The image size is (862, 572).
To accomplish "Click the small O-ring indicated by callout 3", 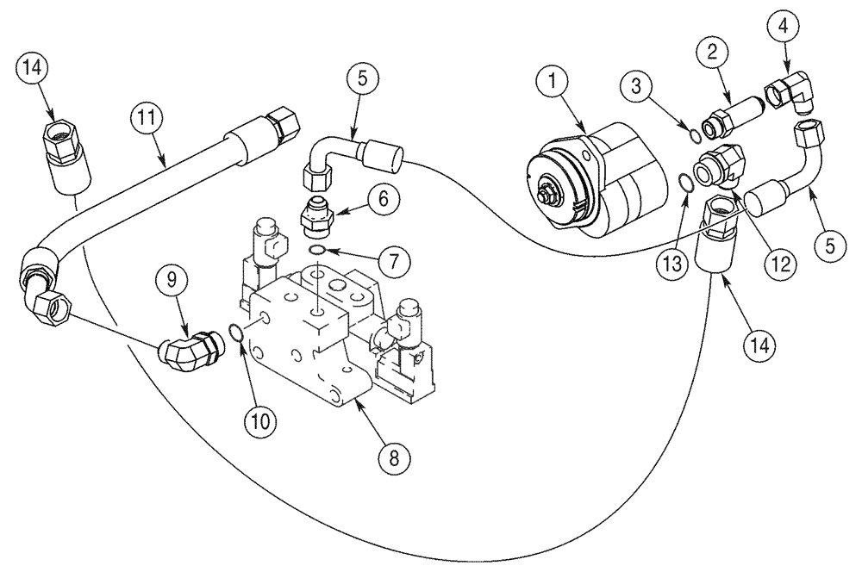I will [x=695, y=133].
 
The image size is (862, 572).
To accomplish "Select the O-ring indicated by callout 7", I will [x=316, y=250].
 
